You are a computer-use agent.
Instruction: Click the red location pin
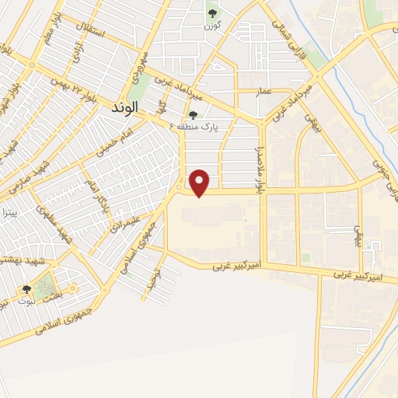point(200,183)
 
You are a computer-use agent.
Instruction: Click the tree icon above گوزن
point(212,13)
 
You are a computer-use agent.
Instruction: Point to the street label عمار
point(264,92)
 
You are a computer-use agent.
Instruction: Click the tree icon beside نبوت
point(27,289)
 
